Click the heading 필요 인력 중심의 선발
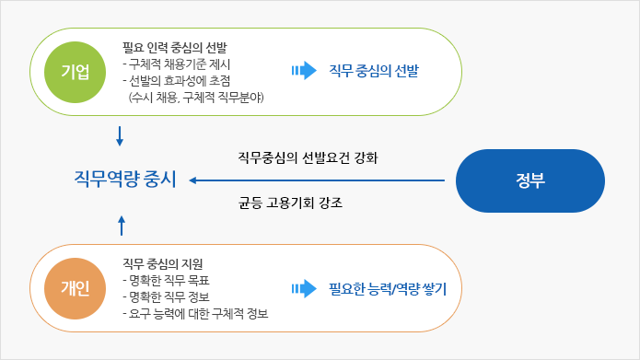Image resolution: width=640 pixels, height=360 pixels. [x=175, y=46]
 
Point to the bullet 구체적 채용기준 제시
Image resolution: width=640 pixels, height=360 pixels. [x=177, y=63]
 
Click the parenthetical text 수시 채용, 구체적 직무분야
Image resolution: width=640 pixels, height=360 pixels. [x=198, y=96]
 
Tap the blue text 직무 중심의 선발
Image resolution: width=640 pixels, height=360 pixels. [x=379, y=71]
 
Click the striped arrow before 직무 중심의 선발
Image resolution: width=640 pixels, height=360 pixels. [x=302, y=71]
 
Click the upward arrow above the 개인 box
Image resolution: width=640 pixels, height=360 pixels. [x=121, y=221]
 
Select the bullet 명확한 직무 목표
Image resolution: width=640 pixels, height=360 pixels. [x=166, y=281]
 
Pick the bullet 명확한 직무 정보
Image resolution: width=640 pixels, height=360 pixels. [x=166, y=297]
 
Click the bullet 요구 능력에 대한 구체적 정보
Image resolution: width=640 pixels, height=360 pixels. [x=195, y=314]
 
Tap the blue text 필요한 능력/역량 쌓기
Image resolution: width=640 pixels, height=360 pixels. [x=388, y=289]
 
